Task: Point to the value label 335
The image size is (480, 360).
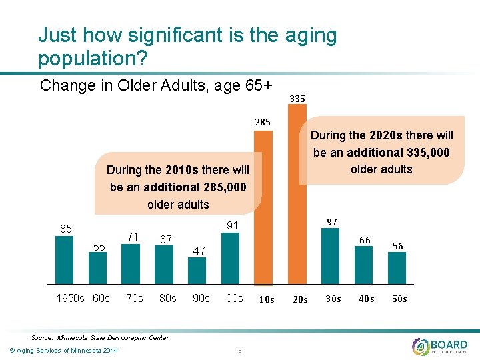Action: (x=297, y=99)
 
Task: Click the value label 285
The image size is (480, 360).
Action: (x=263, y=123)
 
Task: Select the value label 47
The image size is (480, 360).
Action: (x=199, y=250)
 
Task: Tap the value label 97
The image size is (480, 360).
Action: (x=331, y=221)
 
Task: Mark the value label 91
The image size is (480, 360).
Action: (x=232, y=226)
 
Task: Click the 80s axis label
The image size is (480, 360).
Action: (x=168, y=298)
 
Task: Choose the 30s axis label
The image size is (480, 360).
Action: (x=333, y=299)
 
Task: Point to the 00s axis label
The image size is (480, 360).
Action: (x=234, y=298)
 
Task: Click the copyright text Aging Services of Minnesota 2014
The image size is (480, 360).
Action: (x=61, y=351)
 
